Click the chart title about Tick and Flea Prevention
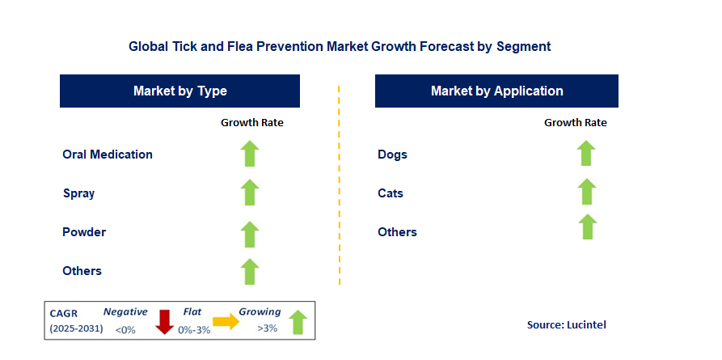pyautogui.click(x=340, y=47)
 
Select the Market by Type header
pyautogui.click(x=179, y=91)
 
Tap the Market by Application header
pyautogui.click(x=496, y=91)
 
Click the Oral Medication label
pyautogui.click(x=108, y=155)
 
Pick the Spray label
pyautogui.click(x=79, y=193)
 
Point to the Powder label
pyautogui.click(x=84, y=232)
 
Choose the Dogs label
pyautogui.click(x=392, y=155)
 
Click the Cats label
pyautogui.click(x=391, y=193)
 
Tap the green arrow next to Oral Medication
pyautogui.click(x=250, y=154)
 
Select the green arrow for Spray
pyautogui.click(x=250, y=193)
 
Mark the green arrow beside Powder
pyautogui.click(x=250, y=232)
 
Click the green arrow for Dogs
pyautogui.click(x=586, y=153)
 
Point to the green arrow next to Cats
pyautogui.click(x=586, y=192)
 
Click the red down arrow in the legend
pyautogui.click(x=165, y=321)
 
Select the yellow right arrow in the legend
pyautogui.click(x=226, y=322)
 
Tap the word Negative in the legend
pyautogui.click(x=125, y=311)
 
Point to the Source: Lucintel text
pyautogui.click(x=566, y=324)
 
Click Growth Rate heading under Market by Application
pyautogui.click(x=575, y=123)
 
